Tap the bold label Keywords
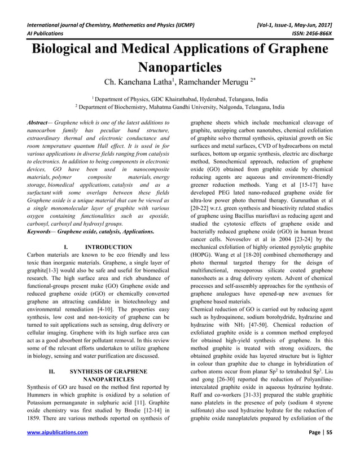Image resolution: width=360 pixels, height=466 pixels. pos(42,231)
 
